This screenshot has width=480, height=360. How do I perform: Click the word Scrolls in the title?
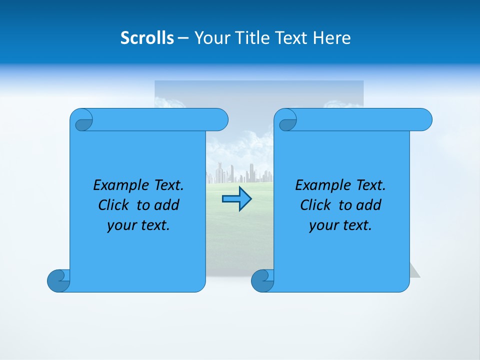(147, 38)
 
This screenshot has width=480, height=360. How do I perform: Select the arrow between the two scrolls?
(236, 199)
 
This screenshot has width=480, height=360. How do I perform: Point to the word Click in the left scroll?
(114, 205)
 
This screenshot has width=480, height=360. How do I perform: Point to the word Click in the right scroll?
(316, 205)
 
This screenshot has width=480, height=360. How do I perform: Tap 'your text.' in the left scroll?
(138, 225)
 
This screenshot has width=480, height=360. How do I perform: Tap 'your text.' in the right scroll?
(340, 225)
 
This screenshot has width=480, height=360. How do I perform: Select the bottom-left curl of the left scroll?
(58, 280)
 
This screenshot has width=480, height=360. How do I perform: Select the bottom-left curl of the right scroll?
(262, 280)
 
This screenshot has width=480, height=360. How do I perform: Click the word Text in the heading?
(291, 38)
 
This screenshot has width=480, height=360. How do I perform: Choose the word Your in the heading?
(209, 38)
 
